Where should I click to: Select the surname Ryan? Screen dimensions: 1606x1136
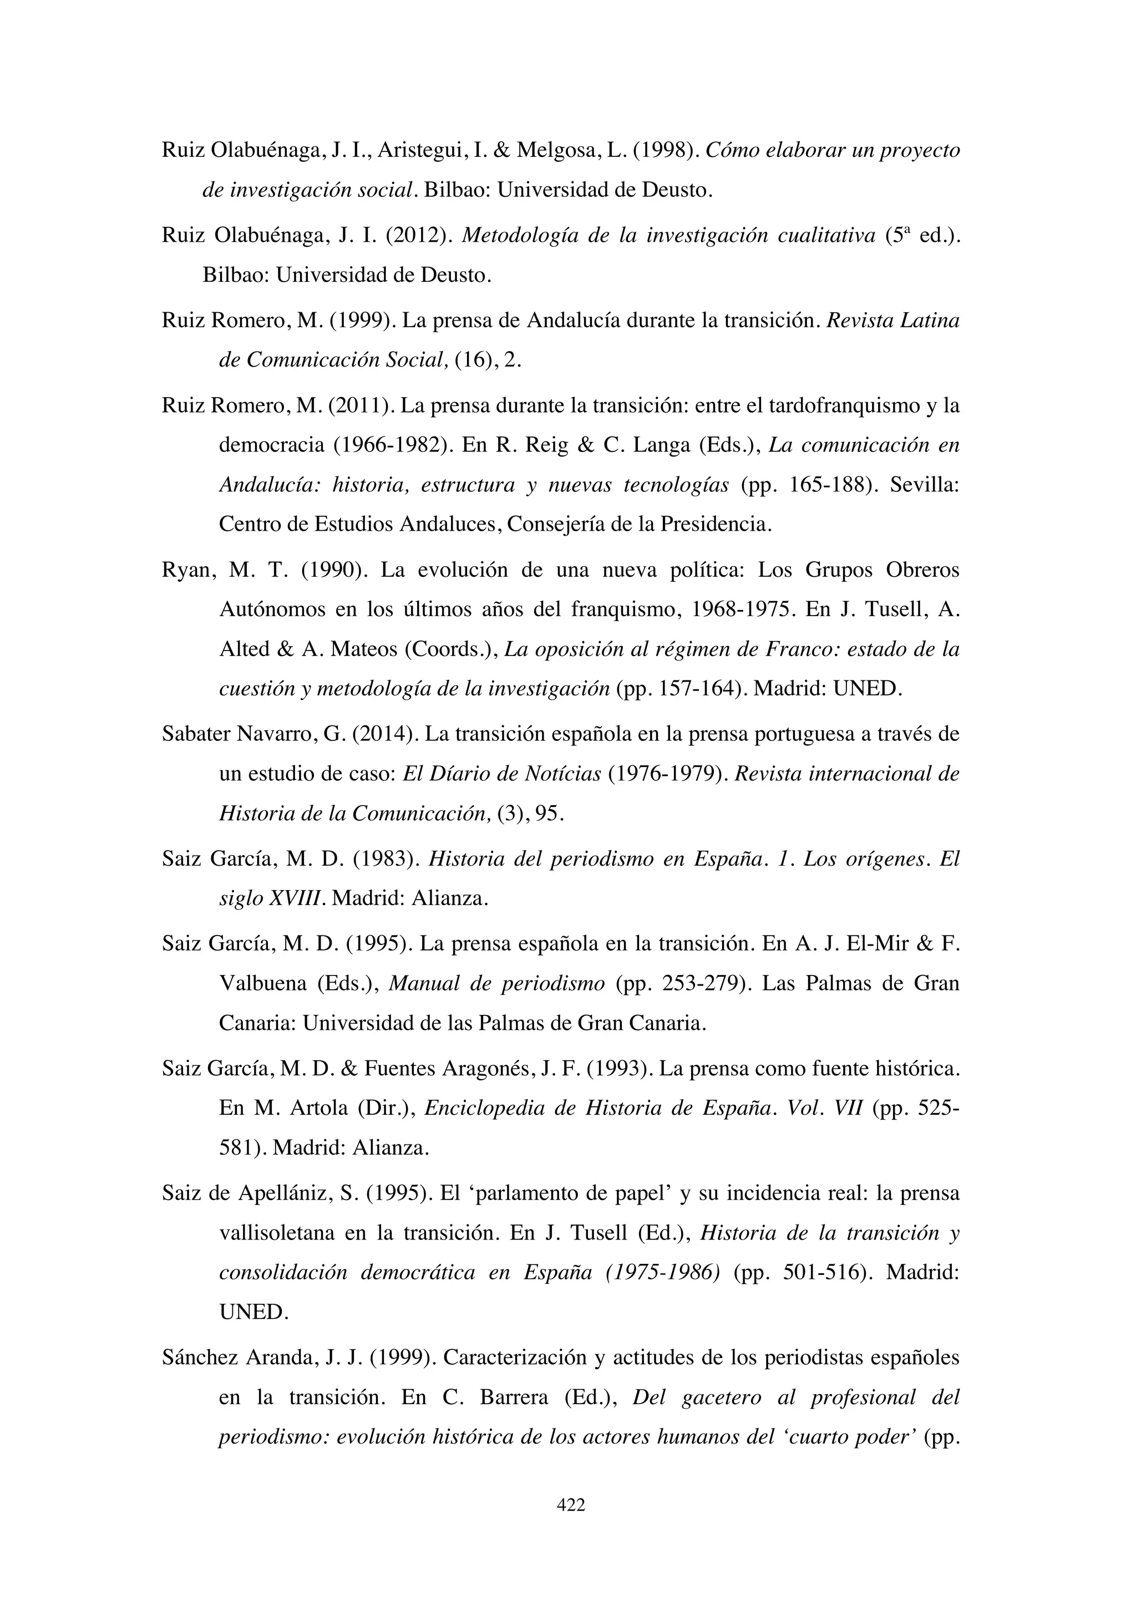tap(185, 570)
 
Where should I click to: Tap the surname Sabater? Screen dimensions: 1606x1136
tap(197, 734)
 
